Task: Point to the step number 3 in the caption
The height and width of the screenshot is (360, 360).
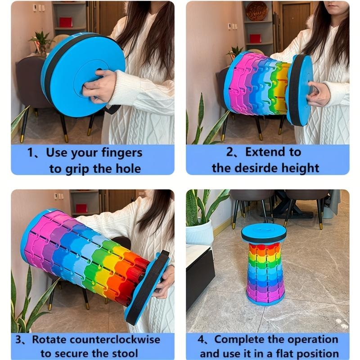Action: coord(18,339)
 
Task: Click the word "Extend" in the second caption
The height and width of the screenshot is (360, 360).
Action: coord(264,153)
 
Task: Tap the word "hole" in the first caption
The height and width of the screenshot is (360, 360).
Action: coord(128,169)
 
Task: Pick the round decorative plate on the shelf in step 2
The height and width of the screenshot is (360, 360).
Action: coord(256,10)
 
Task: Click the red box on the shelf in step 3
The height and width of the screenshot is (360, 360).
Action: coord(81,208)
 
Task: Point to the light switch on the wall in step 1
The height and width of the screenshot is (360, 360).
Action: coord(37,8)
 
